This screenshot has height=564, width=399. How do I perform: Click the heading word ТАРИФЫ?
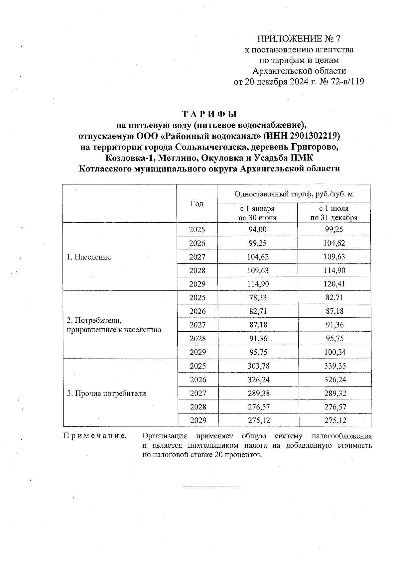click(x=209, y=114)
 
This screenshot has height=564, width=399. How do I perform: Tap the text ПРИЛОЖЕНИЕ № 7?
click(x=299, y=39)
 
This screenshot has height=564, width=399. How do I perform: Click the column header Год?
click(x=197, y=204)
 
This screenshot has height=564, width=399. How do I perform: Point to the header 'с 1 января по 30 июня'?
click(x=257, y=213)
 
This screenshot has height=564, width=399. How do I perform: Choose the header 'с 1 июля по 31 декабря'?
click(x=334, y=213)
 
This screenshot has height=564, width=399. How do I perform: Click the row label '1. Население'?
click(x=89, y=257)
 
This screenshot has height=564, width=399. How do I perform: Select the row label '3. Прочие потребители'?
click(x=106, y=394)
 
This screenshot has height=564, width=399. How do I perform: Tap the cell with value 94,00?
click(x=257, y=229)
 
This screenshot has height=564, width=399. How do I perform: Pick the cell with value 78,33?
click(x=258, y=297)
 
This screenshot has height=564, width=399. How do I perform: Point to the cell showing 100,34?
click(x=335, y=352)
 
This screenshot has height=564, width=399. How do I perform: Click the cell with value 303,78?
click(x=258, y=366)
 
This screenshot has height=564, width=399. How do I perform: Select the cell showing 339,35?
click(x=335, y=366)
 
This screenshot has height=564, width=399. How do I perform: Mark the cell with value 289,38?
click(x=258, y=394)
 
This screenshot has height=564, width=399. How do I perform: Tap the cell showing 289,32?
click(x=335, y=394)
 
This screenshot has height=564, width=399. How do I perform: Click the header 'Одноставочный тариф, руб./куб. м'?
click(x=294, y=194)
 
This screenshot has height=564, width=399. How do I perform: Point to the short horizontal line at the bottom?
click(x=211, y=487)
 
